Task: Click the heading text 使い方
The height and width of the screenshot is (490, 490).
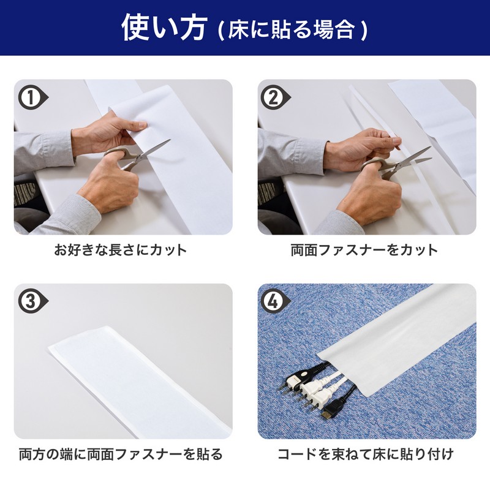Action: [165, 28]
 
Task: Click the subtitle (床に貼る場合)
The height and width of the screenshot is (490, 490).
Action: [292, 29]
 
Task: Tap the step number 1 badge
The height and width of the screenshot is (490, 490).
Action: [33, 97]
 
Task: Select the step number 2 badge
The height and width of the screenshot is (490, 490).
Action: [276, 97]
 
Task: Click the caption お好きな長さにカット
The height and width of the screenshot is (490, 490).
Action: [121, 251]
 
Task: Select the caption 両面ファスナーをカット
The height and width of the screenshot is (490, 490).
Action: [364, 251]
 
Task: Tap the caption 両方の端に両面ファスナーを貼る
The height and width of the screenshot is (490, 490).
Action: [121, 454]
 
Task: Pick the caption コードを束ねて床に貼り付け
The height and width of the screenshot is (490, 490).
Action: [366, 454]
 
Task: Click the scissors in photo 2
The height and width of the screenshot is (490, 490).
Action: [394, 162]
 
